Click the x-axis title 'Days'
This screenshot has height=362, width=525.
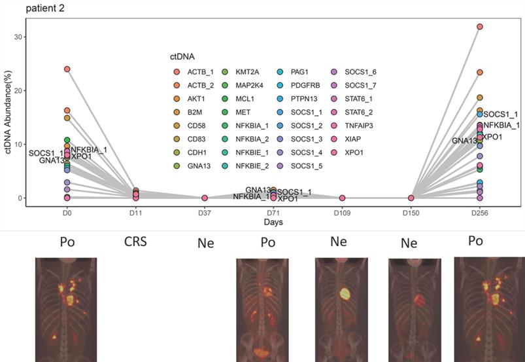pos(273,223)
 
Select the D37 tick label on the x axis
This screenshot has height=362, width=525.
pos(205,213)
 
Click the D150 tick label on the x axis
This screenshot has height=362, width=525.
pos(411,213)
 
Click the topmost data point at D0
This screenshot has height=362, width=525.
pos(67,69)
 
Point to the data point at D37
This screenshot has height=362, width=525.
pos(205,198)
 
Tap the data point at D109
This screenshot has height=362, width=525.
pos(343,198)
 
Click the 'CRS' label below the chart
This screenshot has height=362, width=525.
pos(136,241)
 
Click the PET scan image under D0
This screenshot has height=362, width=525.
pos(67,306)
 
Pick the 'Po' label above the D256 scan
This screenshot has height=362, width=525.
pos(476,241)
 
